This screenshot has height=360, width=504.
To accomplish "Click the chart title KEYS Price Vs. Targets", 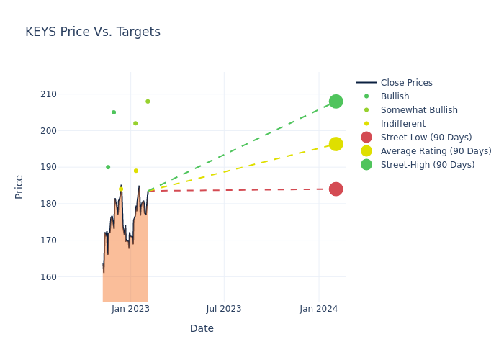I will [93, 32].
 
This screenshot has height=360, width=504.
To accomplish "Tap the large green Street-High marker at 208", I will [336, 102].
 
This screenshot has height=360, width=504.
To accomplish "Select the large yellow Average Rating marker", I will [336, 144].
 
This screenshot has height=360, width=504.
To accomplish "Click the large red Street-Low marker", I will [336, 189].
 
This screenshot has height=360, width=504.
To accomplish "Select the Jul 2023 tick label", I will [224, 309].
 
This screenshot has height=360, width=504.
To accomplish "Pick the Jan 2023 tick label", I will [130, 309].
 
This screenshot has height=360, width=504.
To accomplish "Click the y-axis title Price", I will [19, 186].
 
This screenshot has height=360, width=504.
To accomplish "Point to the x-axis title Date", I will [202, 328].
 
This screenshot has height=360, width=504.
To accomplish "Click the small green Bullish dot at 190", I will [108, 167].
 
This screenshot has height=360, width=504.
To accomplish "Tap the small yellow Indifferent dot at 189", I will [135, 171].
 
